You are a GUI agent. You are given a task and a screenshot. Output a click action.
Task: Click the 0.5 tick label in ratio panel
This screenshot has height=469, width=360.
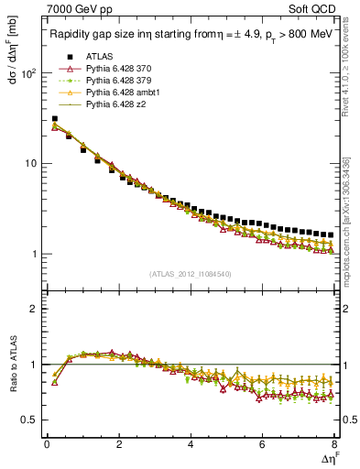click(27, 420)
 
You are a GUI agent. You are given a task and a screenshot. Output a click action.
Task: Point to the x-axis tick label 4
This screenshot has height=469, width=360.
click(191, 445)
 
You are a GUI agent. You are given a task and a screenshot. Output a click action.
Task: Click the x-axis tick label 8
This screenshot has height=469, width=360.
click(334, 445)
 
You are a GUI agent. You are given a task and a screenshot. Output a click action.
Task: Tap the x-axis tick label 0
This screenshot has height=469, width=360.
click(47, 445)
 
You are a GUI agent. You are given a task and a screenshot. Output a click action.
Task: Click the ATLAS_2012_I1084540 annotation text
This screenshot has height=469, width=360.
click(191, 274)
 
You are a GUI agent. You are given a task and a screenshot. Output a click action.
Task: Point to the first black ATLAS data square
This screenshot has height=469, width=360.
click(55, 118)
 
